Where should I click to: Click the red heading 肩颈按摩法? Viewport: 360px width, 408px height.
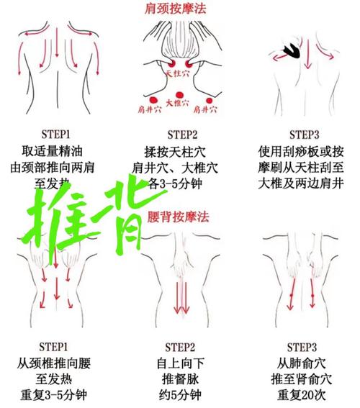pos(179,9)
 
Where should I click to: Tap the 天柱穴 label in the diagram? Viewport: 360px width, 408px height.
pos(178,73)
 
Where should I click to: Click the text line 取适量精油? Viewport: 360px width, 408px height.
pos(59,152)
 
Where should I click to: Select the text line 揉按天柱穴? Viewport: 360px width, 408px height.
pos(181,152)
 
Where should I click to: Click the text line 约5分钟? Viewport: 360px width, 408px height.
pos(181,396)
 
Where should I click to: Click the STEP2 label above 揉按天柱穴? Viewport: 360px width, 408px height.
pos(180,135)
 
